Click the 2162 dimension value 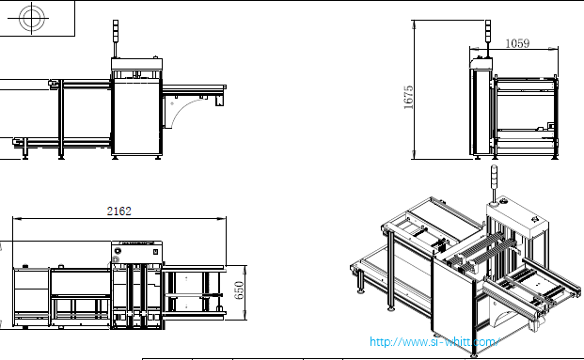coord(118,211)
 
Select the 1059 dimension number coord(517,43)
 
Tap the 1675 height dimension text coord(408,97)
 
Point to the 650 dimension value coord(239,290)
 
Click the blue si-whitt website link coord(434,341)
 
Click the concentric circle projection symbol coord(32,18)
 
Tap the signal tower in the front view coord(116,39)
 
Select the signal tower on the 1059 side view coord(488,39)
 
